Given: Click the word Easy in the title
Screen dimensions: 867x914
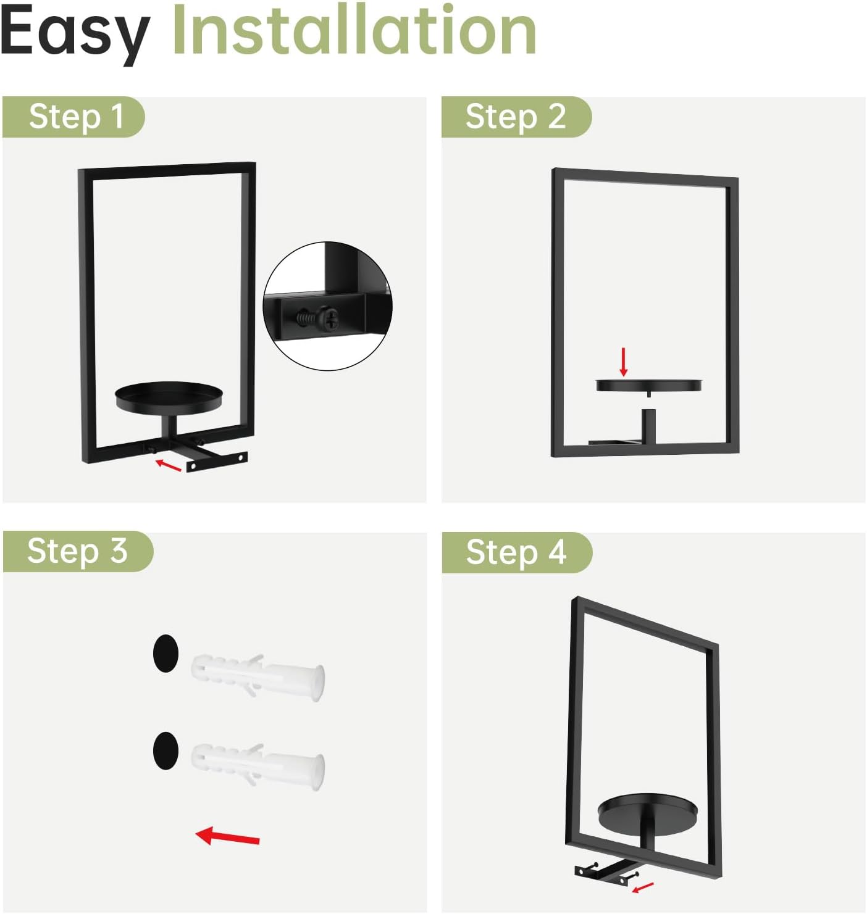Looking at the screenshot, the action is coord(75,35).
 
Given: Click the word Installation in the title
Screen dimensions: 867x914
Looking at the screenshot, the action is coord(354,30).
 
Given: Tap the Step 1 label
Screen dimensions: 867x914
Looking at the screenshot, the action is coord(77,117).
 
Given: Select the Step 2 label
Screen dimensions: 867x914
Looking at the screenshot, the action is coord(516,117).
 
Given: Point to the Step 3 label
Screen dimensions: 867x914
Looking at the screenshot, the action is coord(77,551).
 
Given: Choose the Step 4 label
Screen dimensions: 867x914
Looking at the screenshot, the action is coord(516,552).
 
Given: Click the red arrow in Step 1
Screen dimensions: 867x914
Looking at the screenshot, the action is coord(168,465).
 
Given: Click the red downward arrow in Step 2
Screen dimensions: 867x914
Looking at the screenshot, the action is coord(624,362).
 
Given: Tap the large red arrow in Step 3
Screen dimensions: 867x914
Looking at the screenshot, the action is coord(227,836).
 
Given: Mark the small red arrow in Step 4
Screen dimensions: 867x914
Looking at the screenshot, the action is coord(643,887).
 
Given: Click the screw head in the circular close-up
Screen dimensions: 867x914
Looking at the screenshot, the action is coord(330,318).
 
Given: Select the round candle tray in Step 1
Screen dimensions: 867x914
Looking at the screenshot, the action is coord(169,397).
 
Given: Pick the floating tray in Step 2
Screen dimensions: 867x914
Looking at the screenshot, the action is coord(649,384).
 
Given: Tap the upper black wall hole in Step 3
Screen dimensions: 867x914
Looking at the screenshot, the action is coord(165,653).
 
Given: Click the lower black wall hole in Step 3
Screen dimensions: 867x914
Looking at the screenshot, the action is coord(165,750).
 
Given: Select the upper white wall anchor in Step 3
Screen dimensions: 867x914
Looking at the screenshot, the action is coord(258,678).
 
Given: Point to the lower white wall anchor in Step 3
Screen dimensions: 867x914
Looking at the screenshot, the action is coord(258,767).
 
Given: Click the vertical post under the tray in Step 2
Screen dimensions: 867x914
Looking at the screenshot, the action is coord(648,426).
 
